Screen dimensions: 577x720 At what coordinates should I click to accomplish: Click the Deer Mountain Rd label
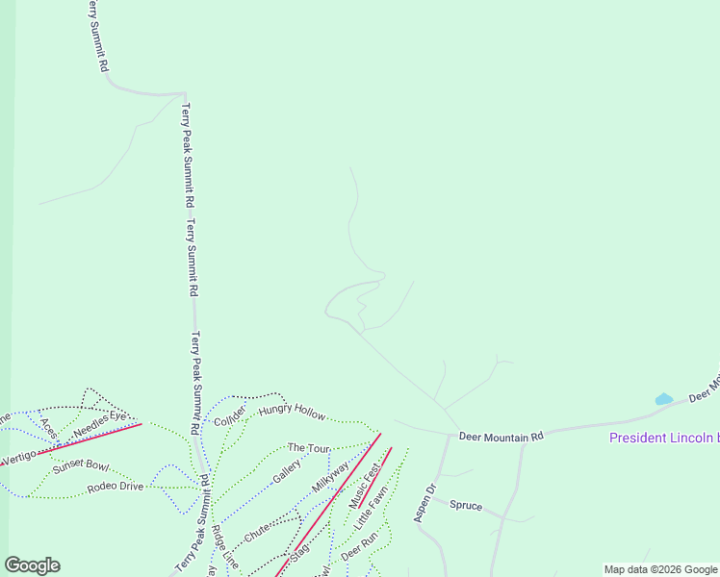(x=501, y=436)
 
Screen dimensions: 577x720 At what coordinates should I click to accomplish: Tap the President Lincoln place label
(x=664, y=439)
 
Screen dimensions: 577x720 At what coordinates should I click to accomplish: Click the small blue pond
(x=663, y=398)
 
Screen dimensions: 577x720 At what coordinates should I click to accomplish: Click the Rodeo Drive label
(x=115, y=486)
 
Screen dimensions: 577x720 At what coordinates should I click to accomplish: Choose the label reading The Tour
(x=308, y=448)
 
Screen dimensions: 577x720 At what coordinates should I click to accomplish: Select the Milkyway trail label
(x=328, y=474)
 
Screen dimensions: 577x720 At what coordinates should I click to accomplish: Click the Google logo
(x=32, y=565)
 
